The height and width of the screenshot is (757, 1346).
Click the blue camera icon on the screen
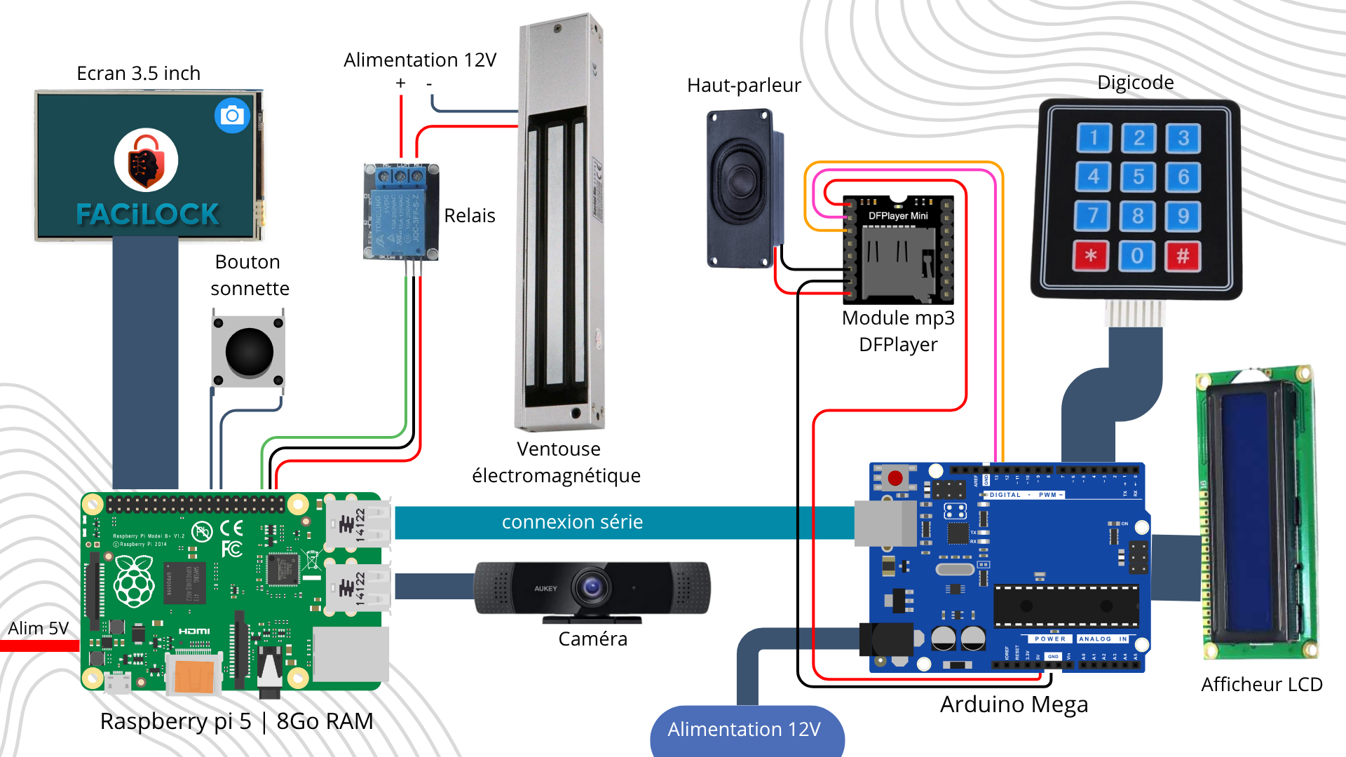coord(232,116)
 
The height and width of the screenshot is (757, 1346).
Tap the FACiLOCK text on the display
coord(147,214)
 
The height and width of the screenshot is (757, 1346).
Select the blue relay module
coord(400,212)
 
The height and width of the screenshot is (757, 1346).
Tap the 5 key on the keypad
coord(1138,177)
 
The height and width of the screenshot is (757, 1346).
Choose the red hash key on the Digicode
coord(1183,256)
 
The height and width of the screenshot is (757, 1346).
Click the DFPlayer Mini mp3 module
coord(898,249)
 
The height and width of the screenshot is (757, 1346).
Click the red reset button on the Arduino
coord(895,478)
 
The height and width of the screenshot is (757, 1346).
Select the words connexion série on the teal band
coord(572,522)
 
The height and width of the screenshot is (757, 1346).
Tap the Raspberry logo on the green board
coord(134,581)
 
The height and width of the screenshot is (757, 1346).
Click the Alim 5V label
coord(39,628)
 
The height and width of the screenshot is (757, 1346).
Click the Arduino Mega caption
coord(1014,704)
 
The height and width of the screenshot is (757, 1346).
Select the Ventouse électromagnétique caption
coord(557,462)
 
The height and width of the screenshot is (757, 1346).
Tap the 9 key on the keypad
coord(1183,216)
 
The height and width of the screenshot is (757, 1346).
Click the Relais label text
coord(469,216)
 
